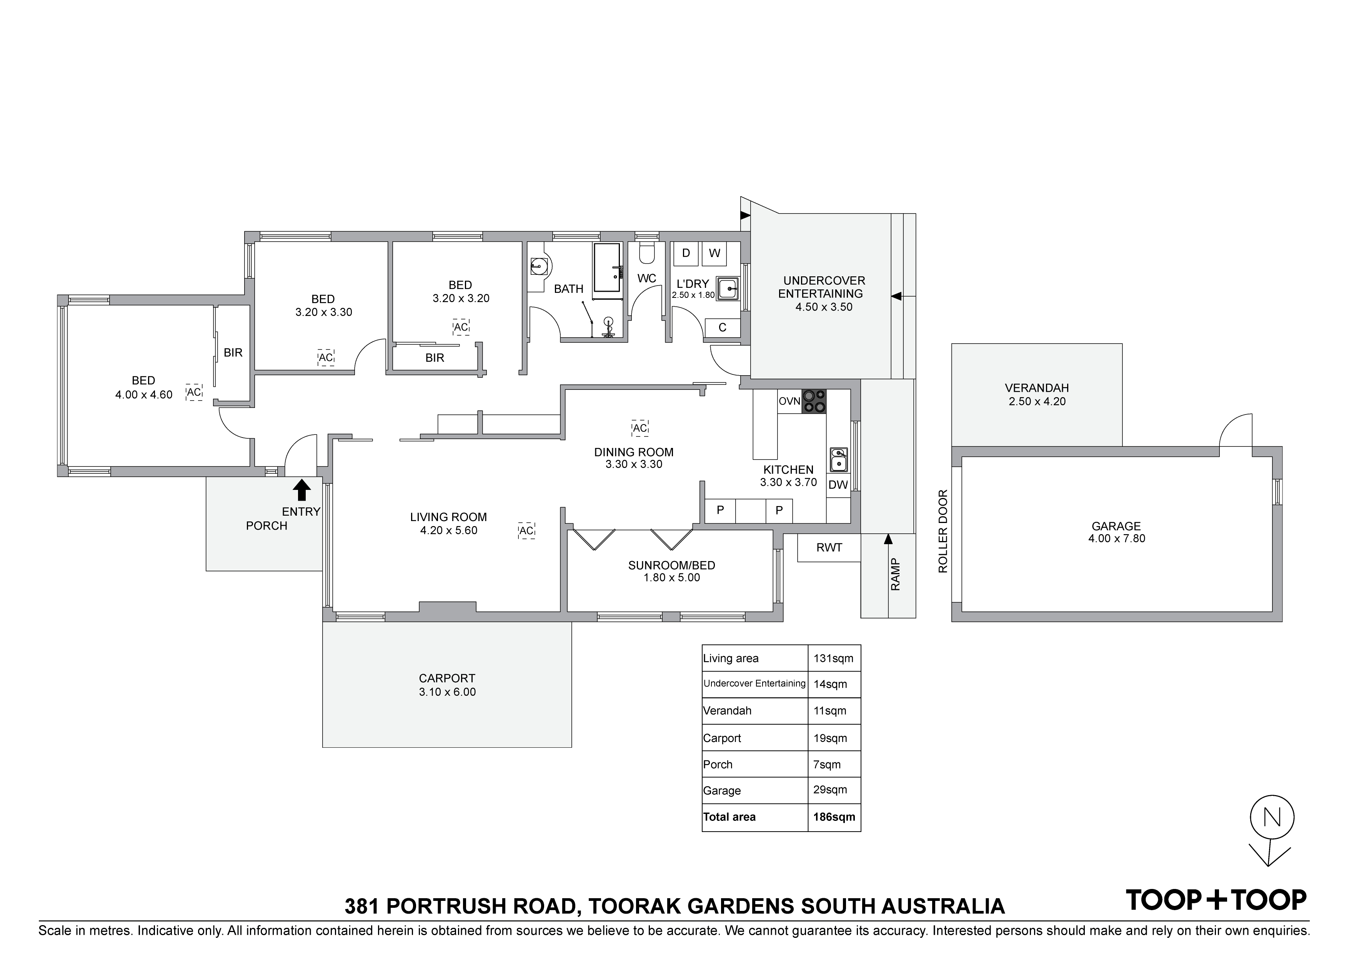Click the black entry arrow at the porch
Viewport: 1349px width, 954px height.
[x=301, y=490]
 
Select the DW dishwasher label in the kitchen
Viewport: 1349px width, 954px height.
[x=838, y=485]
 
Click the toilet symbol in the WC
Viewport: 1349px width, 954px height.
[x=646, y=253]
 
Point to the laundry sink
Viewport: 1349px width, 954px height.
[x=728, y=288]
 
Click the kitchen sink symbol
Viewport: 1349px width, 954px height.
[x=838, y=459]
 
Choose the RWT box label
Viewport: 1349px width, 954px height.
[x=829, y=548]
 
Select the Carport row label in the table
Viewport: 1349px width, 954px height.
[x=722, y=738]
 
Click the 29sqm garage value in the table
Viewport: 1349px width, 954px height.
[x=830, y=789]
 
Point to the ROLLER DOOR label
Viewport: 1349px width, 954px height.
[x=943, y=531]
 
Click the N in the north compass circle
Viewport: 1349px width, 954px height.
[x=1272, y=817]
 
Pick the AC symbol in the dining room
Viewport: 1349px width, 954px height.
[x=640, y=428]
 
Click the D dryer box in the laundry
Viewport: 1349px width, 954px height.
[x=686, y=253]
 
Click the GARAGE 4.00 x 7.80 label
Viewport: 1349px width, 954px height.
[x=1116, y=532]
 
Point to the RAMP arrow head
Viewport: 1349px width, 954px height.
[x=888, y=538]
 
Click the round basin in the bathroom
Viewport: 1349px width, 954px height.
[x=539, y=267]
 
